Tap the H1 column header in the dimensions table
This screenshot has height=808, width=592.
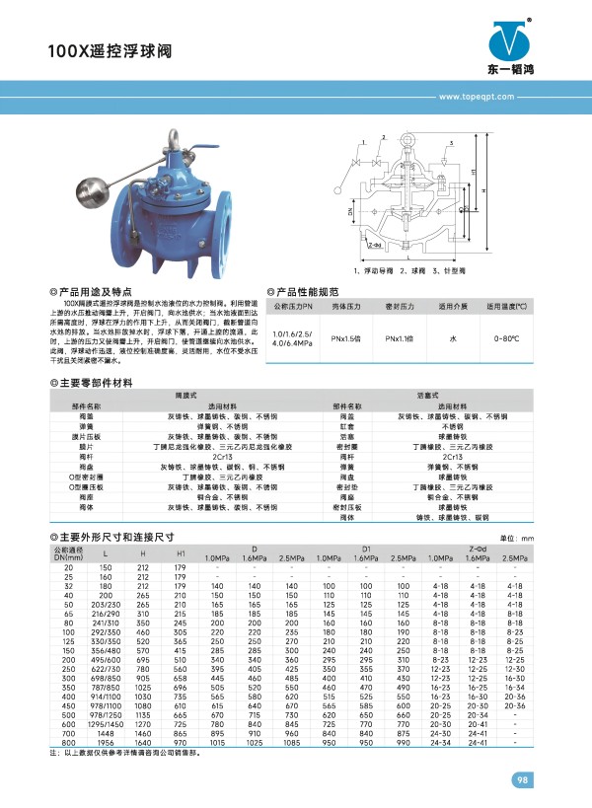(180, 552)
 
